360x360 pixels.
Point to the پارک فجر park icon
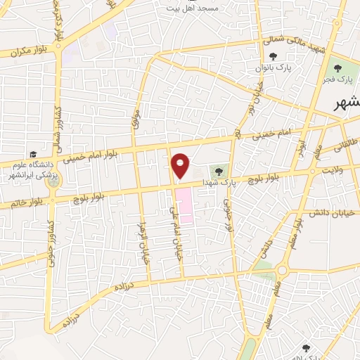[x=338, y=68]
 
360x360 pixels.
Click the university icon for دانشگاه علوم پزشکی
[x=33, y=154]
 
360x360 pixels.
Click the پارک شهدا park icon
[x=219, y=171]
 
